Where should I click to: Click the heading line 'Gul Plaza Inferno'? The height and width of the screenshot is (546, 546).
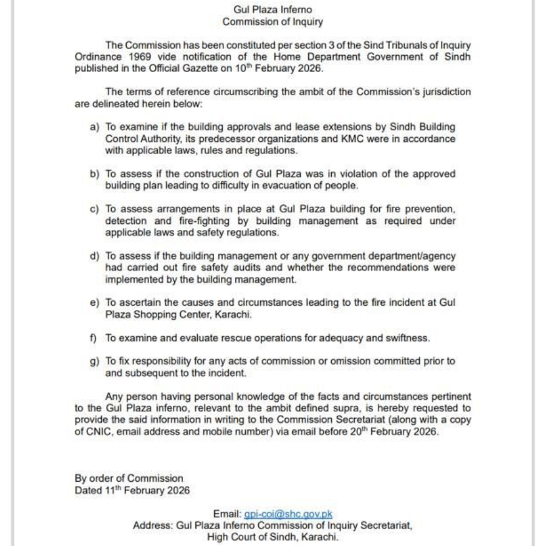pos(272,10)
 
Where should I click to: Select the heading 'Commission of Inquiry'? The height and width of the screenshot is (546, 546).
pos(272,22)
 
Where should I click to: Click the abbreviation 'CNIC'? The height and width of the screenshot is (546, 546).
pos(97,431)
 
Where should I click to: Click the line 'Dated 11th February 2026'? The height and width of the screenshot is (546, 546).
pos(132,491)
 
